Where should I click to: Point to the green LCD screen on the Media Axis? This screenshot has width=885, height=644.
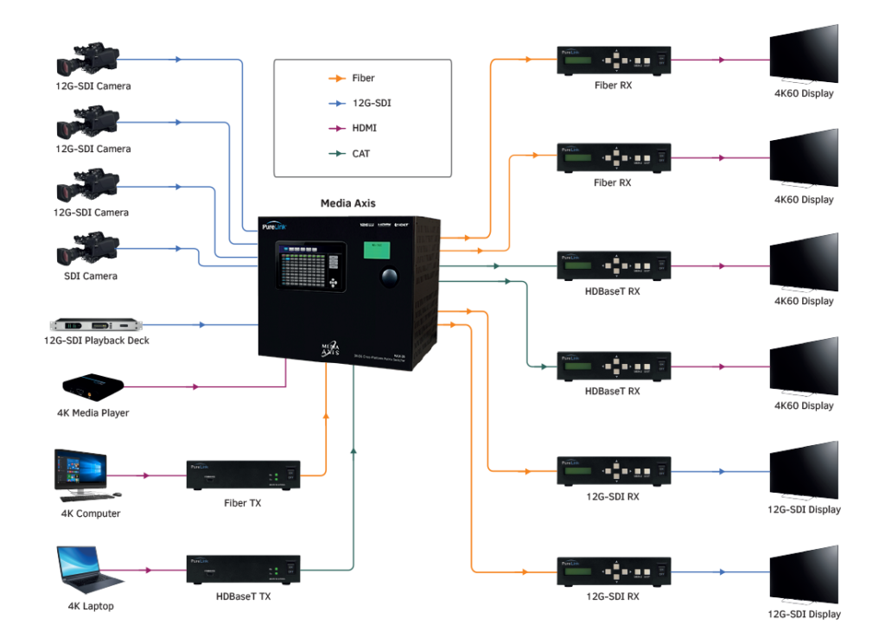[x=375, y=251]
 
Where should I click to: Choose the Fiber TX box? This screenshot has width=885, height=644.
[x=243, y=475]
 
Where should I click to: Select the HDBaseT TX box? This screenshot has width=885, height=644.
[x=243, y=571]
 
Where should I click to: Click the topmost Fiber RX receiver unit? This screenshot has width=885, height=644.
[x=614, y=61]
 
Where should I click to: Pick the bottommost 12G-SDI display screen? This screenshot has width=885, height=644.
[x=804, y=575]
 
